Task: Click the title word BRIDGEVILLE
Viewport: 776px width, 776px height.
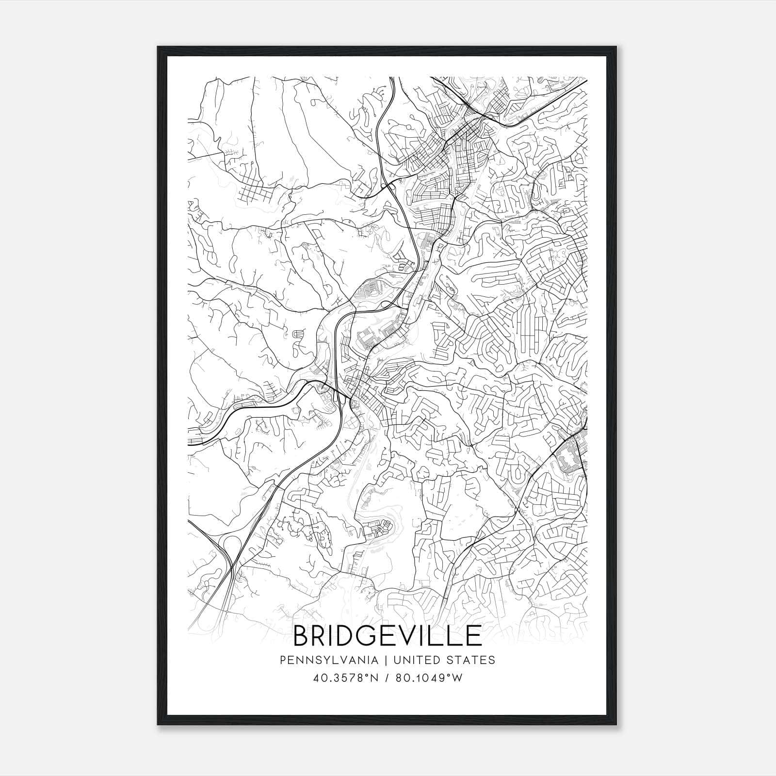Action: coord(388,636)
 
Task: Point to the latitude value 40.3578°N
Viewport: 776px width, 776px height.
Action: coord(345,678)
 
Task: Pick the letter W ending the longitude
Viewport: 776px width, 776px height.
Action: coord(457,678)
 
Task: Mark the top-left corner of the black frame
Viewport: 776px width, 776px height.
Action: coord(158,47)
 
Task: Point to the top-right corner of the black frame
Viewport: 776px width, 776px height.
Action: coord(617,47)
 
